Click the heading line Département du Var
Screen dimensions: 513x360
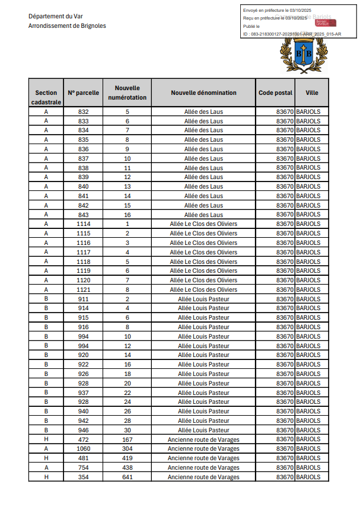55,16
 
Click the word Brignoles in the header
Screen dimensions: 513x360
92,26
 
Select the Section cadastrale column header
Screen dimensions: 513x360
46,97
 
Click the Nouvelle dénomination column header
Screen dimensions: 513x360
203,93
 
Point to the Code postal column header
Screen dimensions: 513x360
275,93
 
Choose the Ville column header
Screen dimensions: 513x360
312,93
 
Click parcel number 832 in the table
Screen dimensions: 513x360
84,111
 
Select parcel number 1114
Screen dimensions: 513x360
84,224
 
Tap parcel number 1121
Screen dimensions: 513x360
84,289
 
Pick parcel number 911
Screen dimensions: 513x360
84,299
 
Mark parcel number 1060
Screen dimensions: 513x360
84,449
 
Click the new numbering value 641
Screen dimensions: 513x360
127,477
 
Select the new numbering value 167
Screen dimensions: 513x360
127,439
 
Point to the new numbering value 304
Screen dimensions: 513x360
127,449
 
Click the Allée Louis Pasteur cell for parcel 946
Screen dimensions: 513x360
203,430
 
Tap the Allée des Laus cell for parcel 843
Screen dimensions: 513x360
203,215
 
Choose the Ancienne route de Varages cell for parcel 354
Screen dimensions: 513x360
203,477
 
